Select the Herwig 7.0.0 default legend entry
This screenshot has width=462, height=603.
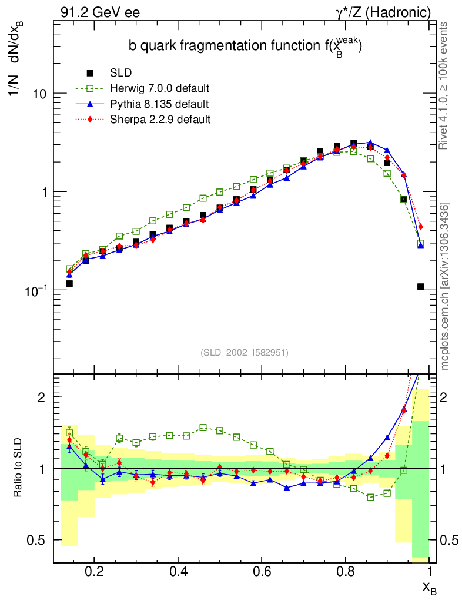click(x=159, y=88)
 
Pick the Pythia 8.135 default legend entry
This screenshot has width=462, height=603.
click(x=159, y=104)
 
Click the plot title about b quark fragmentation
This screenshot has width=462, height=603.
click(x=245, y=47)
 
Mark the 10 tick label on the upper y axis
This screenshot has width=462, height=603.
click(x=39, y=94)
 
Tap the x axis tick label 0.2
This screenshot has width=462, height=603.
click(x=95, y=572)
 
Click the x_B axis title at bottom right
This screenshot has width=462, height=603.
click(x=429, y=587)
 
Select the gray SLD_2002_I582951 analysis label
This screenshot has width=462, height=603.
click(x=245, y=353)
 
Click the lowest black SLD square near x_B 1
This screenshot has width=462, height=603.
click(x=420, y=287)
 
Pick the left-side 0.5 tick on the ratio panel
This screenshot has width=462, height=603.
click(x=42, y=540)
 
